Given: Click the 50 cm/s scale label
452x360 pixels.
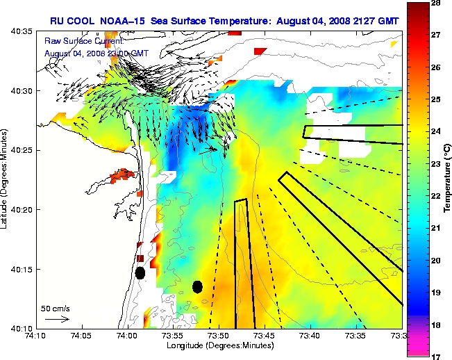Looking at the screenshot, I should pyautogui.click(x=55, y=308).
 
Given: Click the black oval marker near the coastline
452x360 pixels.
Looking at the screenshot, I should pyautogui.click(x=140, y=273).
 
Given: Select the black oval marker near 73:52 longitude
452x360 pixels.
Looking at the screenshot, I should pyautogui.click(x=197, y=286).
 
